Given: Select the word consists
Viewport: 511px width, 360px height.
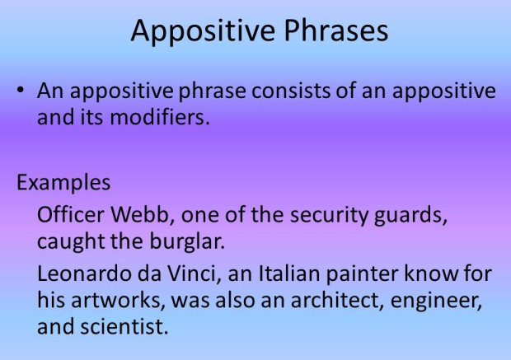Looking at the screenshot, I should [250, 91].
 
